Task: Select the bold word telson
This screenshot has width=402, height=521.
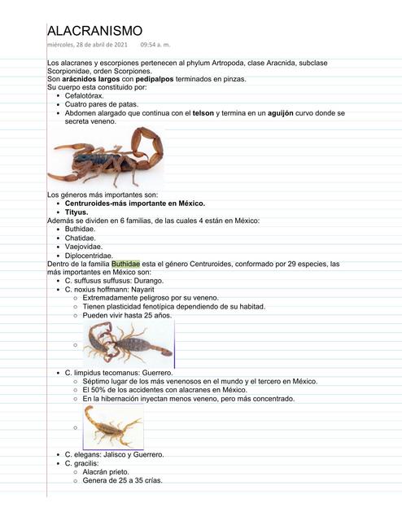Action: [204, 113]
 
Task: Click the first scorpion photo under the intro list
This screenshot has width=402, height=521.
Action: [106, 158]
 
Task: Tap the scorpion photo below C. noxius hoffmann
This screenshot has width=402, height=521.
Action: [128, 342]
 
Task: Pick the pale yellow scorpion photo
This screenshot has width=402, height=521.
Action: [114, 426]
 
